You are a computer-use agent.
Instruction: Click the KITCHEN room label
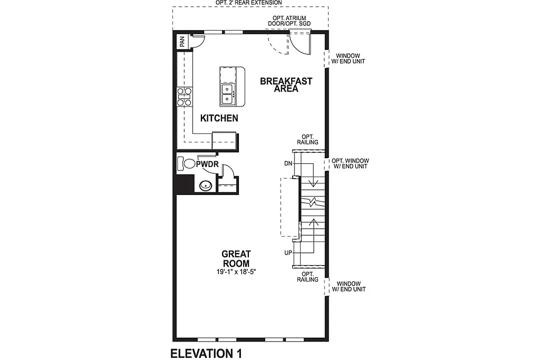[x=219, y=119]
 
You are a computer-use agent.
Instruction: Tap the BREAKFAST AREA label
[x=286, y=85]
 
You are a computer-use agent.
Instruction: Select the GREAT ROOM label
[x=236, y=259]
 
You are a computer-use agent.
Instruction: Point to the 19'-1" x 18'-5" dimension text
[x=236, y=272]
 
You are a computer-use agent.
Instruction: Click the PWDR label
[x=207, y=165]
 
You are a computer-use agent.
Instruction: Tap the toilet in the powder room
[x=186, y=163]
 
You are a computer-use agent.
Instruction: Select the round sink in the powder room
[x=205, y=185]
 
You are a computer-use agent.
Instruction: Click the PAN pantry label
[x=182, y=42]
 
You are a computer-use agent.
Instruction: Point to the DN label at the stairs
[x=288, y=163]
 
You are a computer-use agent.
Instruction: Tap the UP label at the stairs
[x=288, y=253]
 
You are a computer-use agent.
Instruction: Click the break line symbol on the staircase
[x=313, y=201]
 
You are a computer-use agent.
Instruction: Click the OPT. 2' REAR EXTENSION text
[x=248, y=3]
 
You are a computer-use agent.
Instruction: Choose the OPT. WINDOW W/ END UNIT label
[x=350, y=163]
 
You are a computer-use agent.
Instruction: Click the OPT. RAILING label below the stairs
[x=310, y=277]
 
